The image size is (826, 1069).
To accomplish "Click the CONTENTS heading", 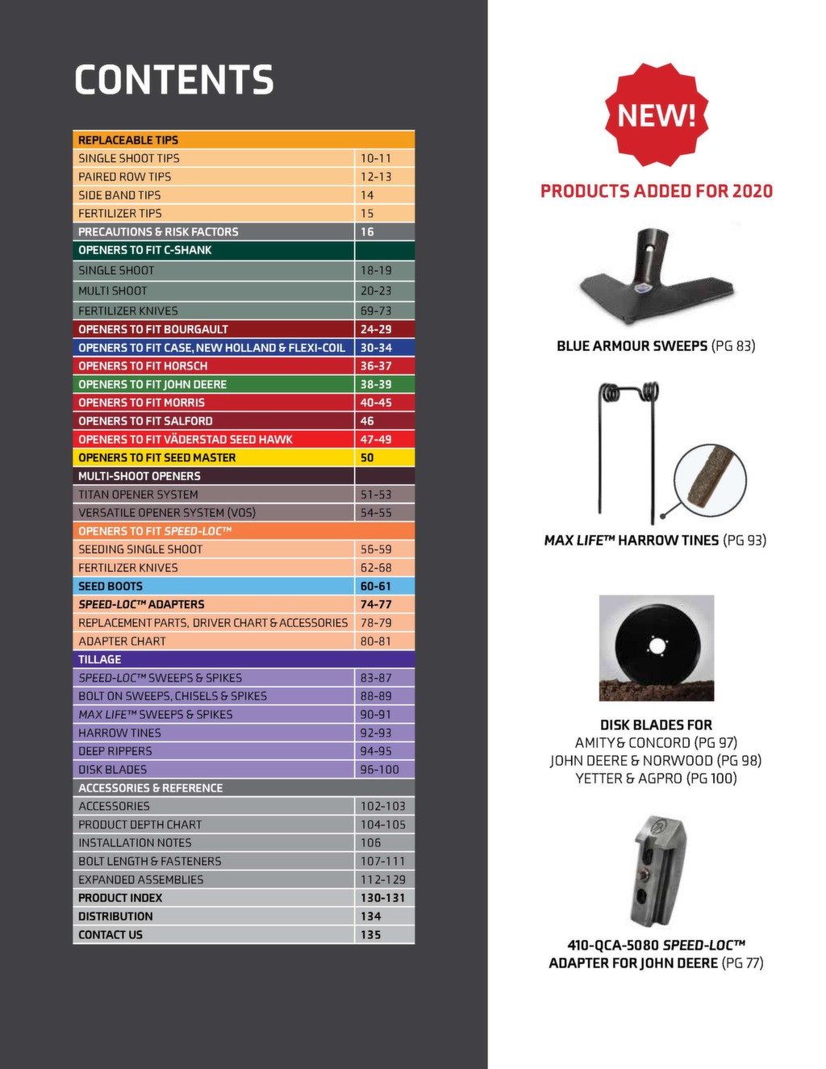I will click(174, 80).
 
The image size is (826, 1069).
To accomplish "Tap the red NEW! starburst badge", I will click(656, 115).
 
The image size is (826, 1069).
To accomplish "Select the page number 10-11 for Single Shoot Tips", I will click(375, 158).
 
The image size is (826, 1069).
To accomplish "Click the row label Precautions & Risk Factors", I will click(158, 232).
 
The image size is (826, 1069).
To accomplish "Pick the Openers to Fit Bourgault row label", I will click(153, 329).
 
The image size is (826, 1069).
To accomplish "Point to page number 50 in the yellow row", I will click(367, 457).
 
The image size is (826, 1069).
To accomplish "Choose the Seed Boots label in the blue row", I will click(111, 586).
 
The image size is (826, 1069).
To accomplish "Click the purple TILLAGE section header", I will click(100, 659).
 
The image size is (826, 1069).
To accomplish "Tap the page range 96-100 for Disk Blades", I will click(379, 770).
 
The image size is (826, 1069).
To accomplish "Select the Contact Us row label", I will click(111, 934).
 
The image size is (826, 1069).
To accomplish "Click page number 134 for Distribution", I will click(370, 917).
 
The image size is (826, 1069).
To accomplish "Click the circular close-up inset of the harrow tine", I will click(710, 478).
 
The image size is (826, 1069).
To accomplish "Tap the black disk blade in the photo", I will click(656, 645).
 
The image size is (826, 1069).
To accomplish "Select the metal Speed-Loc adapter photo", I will click(657, 871).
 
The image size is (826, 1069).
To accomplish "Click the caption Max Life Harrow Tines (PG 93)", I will click(655, 541).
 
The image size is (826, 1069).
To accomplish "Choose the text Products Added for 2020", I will click(656, 191).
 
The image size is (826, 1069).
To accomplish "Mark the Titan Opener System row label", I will click(138, 495).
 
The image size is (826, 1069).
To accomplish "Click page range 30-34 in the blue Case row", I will click(376, 348).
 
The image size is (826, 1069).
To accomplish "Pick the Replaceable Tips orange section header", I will click(128, 140).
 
